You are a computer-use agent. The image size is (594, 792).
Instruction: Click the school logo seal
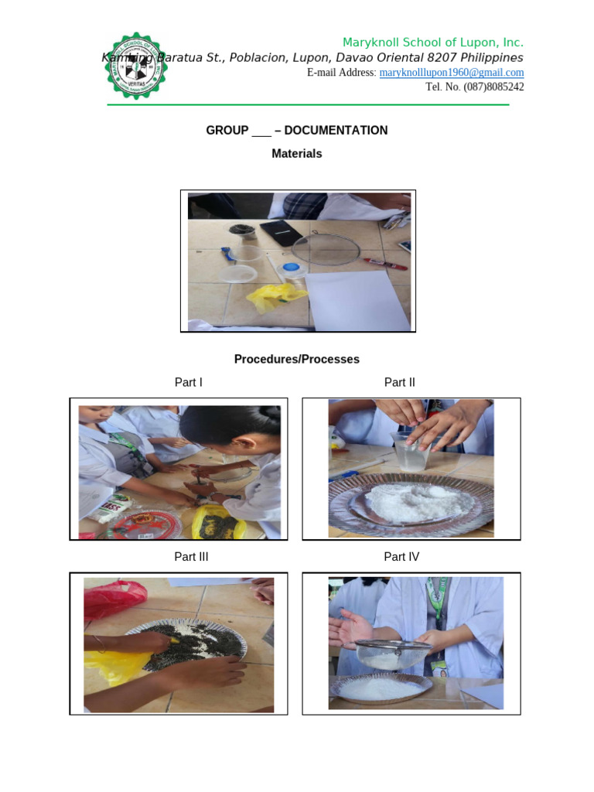[136, 67]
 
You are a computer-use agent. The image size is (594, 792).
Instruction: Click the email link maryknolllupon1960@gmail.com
[452, 73]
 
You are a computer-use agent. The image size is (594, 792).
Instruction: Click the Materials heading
[296, 153]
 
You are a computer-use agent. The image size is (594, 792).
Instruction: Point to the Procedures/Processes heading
[296, 359]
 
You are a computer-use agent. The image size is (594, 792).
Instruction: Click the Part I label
[189, 382]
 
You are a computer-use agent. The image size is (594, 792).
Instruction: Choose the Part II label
[399, 382]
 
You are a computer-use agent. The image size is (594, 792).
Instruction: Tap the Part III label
[191, 556]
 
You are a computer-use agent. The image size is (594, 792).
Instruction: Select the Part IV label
[401, 556]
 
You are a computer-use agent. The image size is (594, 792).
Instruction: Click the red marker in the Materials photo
[384, 264]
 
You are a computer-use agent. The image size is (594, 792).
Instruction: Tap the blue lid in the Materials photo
[291, 268]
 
